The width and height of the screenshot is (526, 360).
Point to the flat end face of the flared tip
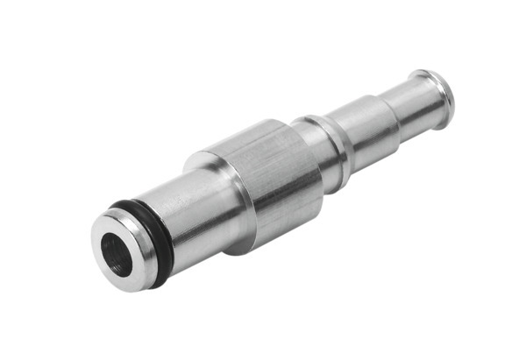click(x=444, y=92)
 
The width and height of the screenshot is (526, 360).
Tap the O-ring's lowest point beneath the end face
click(x=158, y=282)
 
